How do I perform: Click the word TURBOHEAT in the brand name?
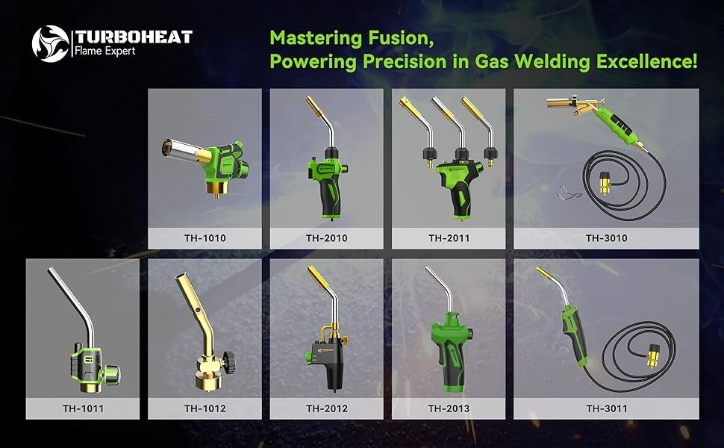pos(133,37)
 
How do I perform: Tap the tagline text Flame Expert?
pos(105,52)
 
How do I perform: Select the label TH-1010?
pos(205,239)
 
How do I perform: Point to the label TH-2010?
pos(326,239)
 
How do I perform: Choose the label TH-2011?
pos(449,239)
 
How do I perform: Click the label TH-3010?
pos(606,239)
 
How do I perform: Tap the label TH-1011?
pos(82,408)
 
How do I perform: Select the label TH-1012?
pos(205,408)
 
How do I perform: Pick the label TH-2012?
pos(326,408)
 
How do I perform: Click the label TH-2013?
pos(449,408)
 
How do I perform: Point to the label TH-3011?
pos(606,408)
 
